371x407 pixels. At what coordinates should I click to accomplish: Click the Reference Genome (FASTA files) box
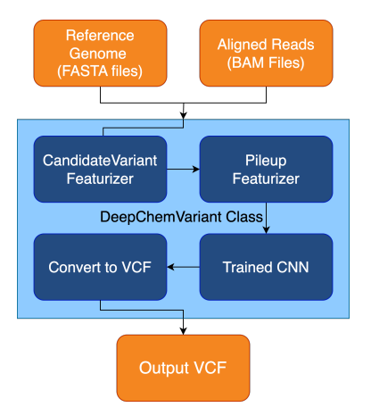(100, 54)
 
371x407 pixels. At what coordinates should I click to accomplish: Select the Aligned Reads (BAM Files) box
(266, 54)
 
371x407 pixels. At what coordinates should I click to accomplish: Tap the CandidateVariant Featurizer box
(100, 170)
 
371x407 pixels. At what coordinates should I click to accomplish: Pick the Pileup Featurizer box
(266, 170)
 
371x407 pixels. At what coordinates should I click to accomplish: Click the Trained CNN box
(266, 267)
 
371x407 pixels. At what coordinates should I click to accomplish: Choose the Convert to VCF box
(100, 267)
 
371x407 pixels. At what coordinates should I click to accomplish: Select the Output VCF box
(183, 368)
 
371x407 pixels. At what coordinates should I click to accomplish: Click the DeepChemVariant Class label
(181, 217)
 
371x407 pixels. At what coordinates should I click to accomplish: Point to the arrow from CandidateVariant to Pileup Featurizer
(183, 170)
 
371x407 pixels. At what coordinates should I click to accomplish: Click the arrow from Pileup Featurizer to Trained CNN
(266, 218)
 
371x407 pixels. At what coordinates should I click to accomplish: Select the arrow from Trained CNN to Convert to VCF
(183, 267)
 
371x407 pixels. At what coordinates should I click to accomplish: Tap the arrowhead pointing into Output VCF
(183, 331)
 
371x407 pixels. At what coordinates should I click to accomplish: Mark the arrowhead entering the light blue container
(184, 116)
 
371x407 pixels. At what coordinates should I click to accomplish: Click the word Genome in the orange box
(98, 54)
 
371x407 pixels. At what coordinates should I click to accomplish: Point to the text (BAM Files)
(266, 62)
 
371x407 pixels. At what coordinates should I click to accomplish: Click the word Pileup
(266, 161)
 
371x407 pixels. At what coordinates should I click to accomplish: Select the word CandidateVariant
(100, 161)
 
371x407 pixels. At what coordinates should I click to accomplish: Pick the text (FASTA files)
(100, 71)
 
